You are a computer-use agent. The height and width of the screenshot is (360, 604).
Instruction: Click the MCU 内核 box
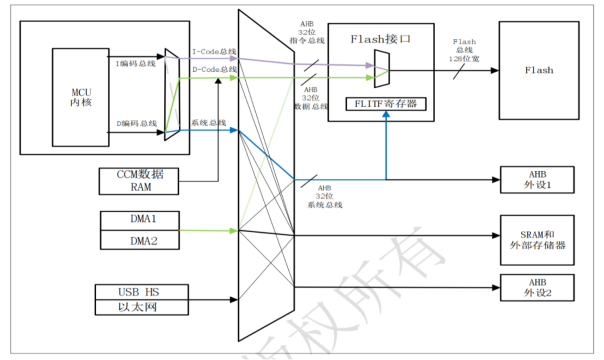(80, 97)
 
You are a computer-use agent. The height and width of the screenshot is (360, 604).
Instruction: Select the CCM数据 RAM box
(139, 181)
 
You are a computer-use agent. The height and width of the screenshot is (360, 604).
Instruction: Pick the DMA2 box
(140, 240)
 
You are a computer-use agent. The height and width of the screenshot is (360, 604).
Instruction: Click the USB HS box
(142, 292)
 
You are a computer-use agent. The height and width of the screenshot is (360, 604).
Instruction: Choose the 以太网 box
(142, 308)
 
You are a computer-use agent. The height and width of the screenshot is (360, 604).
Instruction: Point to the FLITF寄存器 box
(386, 104)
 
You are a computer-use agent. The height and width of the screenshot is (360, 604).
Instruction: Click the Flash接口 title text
(380, 39)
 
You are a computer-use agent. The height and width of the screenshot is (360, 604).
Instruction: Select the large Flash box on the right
(539, 70)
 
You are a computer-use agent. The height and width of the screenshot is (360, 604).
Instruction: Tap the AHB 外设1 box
(537, 179)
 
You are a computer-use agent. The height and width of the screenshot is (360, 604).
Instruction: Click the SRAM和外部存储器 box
(537, 240)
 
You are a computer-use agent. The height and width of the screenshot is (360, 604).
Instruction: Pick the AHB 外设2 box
(537, 287)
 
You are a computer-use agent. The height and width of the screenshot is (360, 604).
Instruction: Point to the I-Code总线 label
(214, 51)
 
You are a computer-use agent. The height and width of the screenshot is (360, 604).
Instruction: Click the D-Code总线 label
(214, 69)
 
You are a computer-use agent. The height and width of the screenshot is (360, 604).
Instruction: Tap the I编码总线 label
(135, 64)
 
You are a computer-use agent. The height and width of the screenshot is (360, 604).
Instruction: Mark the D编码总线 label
(136, 124)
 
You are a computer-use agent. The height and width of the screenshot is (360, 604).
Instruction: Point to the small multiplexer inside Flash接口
(381, 70)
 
